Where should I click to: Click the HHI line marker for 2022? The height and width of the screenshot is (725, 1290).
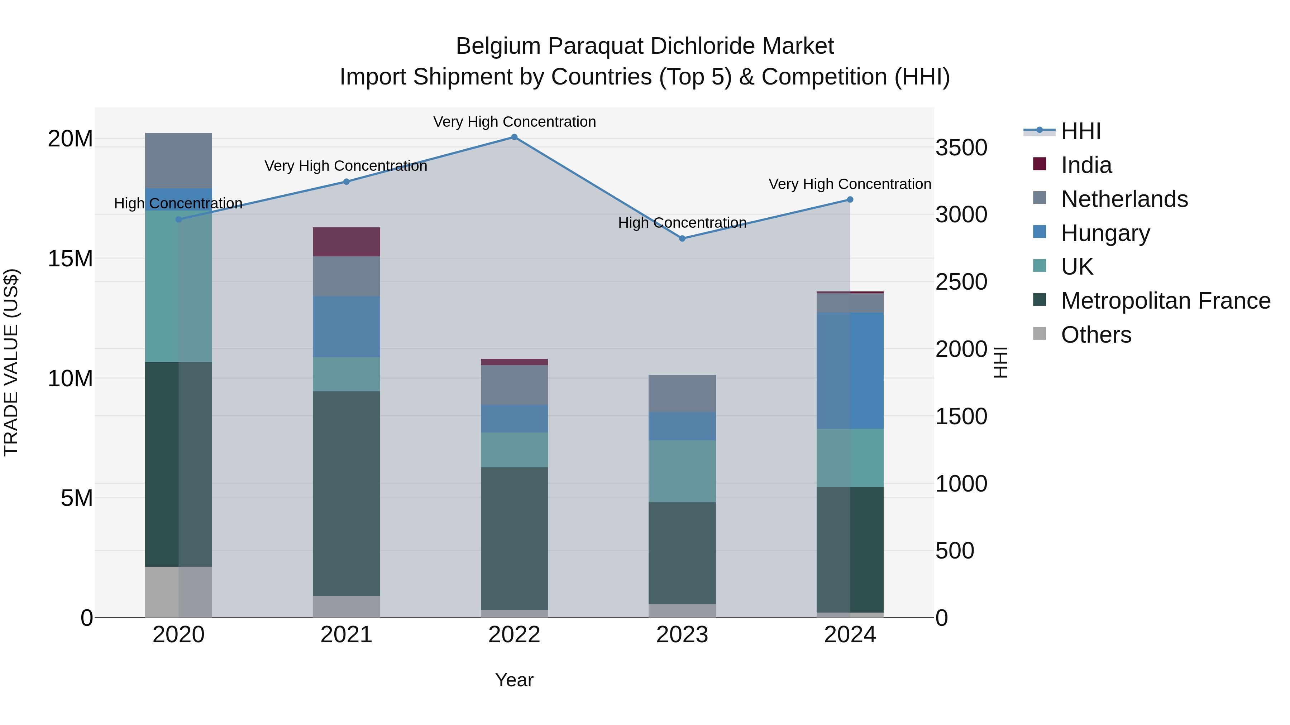tap(514, 137)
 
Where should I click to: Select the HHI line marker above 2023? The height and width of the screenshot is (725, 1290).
tap(682, 239)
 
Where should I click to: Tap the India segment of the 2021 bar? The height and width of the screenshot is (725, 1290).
tap(346, 242)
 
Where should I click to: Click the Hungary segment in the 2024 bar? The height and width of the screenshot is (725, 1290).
tap(850, 371)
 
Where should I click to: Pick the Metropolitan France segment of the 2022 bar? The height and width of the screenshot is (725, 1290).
tap(514, 538)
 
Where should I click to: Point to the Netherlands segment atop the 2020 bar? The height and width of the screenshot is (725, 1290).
tap(178, 161)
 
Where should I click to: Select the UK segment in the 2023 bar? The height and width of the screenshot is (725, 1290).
tap(682, 471)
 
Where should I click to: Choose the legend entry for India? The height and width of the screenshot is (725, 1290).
tap(1086, 165)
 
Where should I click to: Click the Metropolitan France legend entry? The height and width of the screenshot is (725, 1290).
tap(1165, 301)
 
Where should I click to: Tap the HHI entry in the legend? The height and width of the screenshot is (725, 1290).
tap(1081, 131)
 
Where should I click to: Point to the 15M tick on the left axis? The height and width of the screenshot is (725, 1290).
tap(70, 259)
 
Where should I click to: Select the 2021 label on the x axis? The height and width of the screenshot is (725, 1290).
tap(346, 635)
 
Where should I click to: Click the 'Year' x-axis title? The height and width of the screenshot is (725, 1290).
tap(514, 680)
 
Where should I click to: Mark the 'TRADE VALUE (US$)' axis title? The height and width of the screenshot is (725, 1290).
tap(11, 362)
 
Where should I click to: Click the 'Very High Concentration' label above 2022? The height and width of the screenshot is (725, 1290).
tap(514, 122)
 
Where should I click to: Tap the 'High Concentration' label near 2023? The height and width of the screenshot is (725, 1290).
tap(682, 223)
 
